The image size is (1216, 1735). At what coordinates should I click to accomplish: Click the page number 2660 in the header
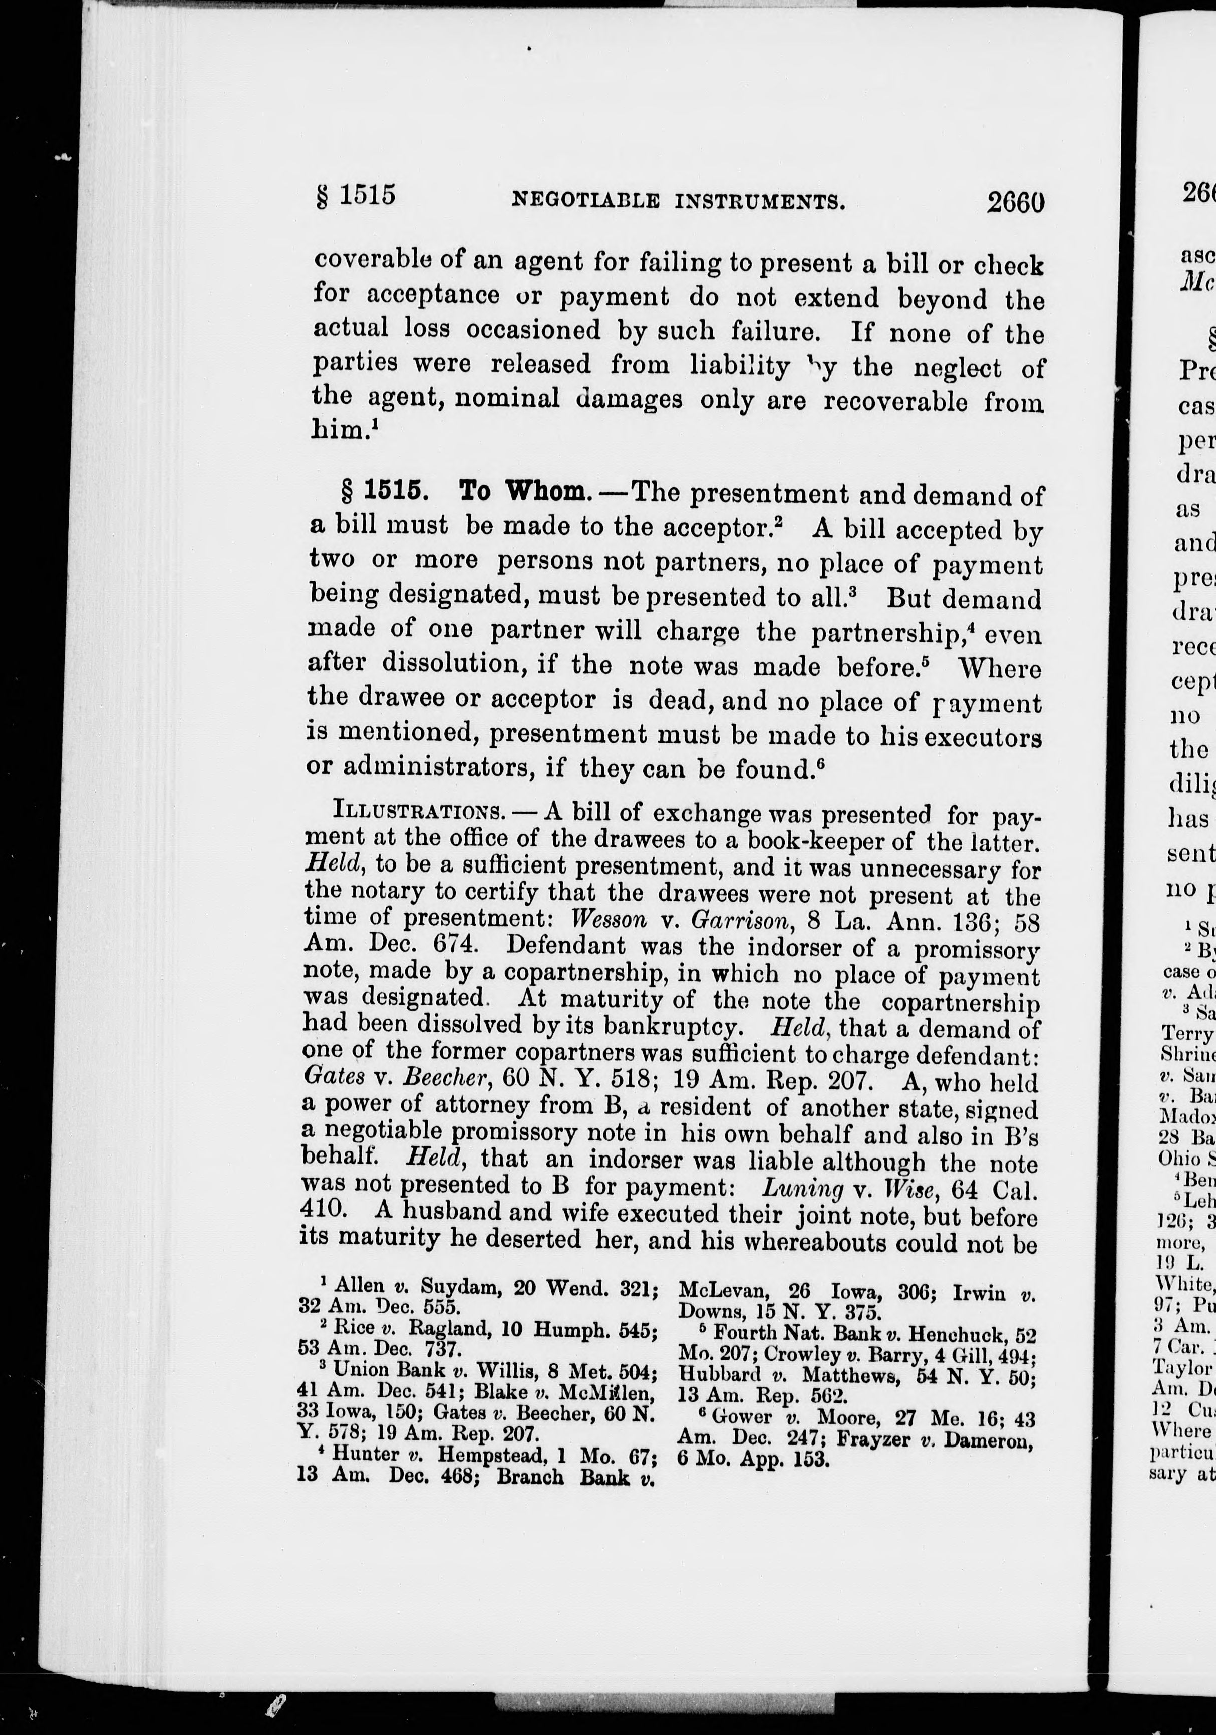pos(1016,202)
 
